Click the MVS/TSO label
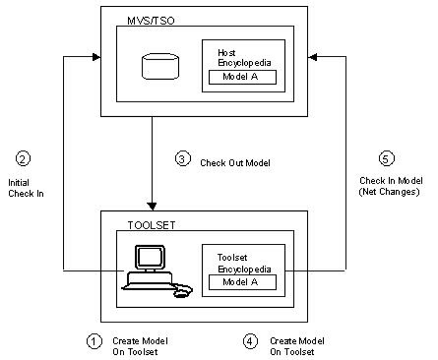coord(151,21)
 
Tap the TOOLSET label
coord(152,225)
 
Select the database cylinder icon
coord(160,67)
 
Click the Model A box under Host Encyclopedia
coord(242,77)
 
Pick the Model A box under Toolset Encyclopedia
coord(242,282)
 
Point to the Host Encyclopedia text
coord(244,58)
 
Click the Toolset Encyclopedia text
coord(244,264)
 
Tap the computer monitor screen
coord(150,257)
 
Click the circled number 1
coord(94,341)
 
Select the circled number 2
coord(23,158)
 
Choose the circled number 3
coord(182,158)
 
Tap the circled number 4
coord(250,341)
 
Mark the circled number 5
coord(387,158)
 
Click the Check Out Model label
coord(235,163)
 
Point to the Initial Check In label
coord(26,188)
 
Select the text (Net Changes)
coord(389,192)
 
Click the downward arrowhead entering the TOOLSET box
coord(152,207)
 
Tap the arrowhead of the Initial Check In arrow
coord(96,57)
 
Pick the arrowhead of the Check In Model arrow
coord(312,57)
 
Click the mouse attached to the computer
coord(183,291)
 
